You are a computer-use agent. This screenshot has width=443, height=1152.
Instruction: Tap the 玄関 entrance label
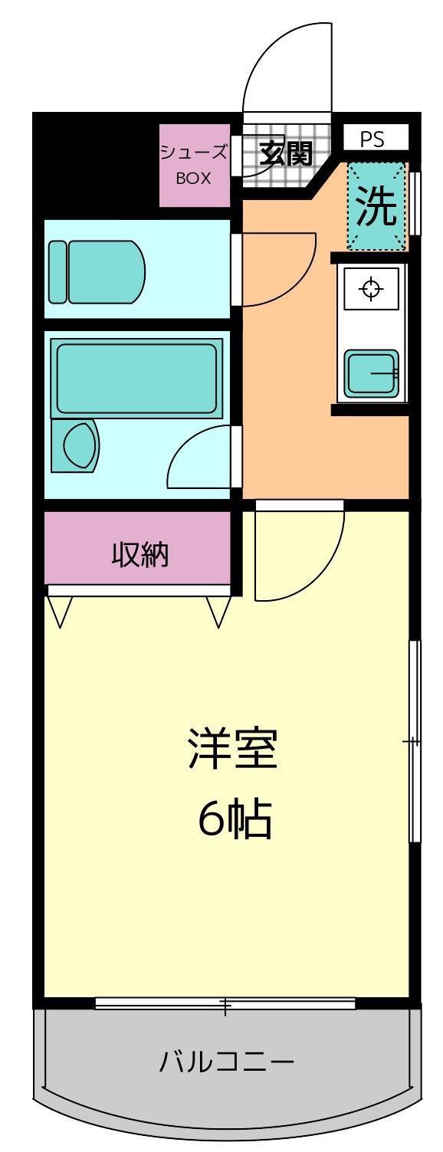coord(286,154)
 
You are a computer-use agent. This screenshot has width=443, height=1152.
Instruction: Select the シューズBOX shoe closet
coord(194,166)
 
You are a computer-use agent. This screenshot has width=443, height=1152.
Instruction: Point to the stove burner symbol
coord(371,288)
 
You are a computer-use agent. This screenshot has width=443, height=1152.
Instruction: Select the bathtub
coord(136,379)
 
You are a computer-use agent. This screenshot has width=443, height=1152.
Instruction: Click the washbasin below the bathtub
coord(76,445)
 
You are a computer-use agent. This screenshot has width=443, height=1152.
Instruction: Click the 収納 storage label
coord(140,555)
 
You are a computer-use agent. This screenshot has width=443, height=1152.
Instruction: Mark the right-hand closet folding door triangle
coord(218,612)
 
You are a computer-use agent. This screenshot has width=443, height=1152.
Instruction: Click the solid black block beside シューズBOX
coord(95,165)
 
